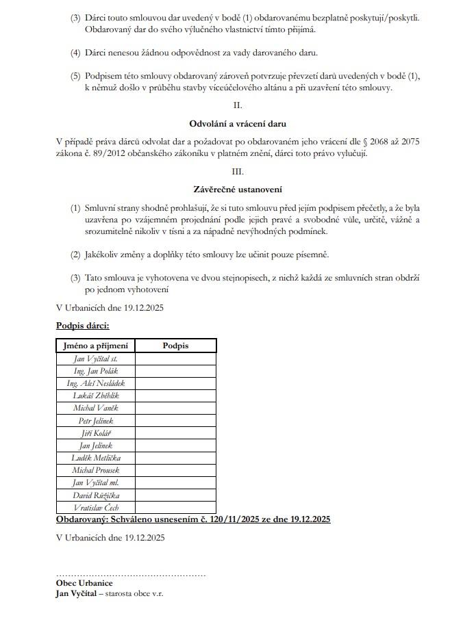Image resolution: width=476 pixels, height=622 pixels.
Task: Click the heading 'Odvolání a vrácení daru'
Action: tap(238, 124)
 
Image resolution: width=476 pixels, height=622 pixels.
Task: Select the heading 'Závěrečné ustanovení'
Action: tap(238, 189)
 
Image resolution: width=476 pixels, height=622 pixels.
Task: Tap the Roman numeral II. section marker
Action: tap(238, 105)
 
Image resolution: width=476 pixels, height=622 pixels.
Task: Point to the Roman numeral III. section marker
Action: tap(238, 170)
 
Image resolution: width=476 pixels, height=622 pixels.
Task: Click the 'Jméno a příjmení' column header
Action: tap(96, 346)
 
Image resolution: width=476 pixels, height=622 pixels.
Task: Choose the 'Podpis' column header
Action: tap(175, 346)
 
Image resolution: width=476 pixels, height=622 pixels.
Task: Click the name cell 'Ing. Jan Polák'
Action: tap(96, 371)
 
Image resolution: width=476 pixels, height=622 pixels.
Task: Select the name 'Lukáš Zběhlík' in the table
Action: tap(96, 396)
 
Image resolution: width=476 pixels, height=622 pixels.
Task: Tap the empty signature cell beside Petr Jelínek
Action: tap(175, 420)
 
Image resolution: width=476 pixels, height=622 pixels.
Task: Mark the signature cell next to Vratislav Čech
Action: tap(175, 508)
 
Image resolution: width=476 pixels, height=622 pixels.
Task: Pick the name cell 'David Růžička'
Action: tap(96, 495)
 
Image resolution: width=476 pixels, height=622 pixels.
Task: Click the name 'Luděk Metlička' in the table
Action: tap(96, 458)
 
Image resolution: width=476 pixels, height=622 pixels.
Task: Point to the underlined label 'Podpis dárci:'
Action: tap(83, 326)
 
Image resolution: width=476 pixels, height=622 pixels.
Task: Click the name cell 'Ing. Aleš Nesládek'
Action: tap(96, 383)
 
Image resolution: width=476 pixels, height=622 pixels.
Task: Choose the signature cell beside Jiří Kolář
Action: tap(175, 433)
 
